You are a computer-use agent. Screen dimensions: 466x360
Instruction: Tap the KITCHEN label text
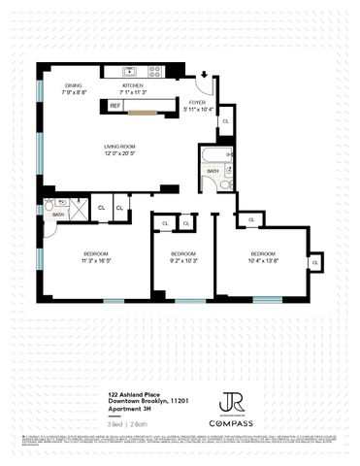point(132,85)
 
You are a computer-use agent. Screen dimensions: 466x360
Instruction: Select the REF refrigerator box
point(115,104)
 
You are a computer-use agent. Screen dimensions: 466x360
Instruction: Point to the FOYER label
point(196,101)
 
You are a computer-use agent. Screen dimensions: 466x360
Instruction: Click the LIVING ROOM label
point(120,147)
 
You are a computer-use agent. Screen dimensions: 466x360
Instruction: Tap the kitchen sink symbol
point(128,72)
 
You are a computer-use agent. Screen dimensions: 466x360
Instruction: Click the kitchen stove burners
point(154,72)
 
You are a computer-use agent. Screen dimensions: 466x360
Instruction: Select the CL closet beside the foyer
point(225,122)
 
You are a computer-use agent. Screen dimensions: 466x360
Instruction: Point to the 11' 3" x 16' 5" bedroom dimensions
point(82,260)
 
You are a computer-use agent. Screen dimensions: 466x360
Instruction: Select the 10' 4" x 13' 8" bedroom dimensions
point(263,260)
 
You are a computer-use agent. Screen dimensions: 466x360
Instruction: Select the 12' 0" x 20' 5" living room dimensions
point(120,153)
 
